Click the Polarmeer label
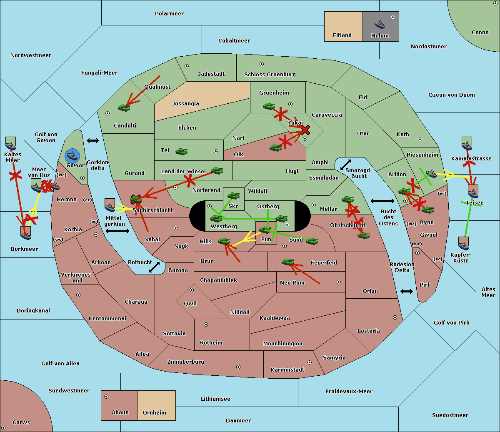pos(169,14)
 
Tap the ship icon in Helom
pos(380,24)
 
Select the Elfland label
pos(342,35)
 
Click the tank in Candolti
pos(124,108)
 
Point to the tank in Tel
pos(181,152)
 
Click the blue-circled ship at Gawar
pos(72,156)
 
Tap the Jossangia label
pos(185,104)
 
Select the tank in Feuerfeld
pos(287,262)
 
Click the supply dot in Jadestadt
pos(187,66)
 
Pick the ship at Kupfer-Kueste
pos(463,243)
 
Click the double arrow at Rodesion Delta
pos(407,291)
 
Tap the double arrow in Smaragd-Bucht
pos(346,165)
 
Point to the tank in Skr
pos(233,195)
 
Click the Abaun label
pos(120,412)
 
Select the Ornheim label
pos(154,413)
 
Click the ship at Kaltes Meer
pos(10,144)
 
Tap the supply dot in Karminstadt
pos(310,362)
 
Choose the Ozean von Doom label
pos(451,95)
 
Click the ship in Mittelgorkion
pos(110,205)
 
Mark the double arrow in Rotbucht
pos(154,267)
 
